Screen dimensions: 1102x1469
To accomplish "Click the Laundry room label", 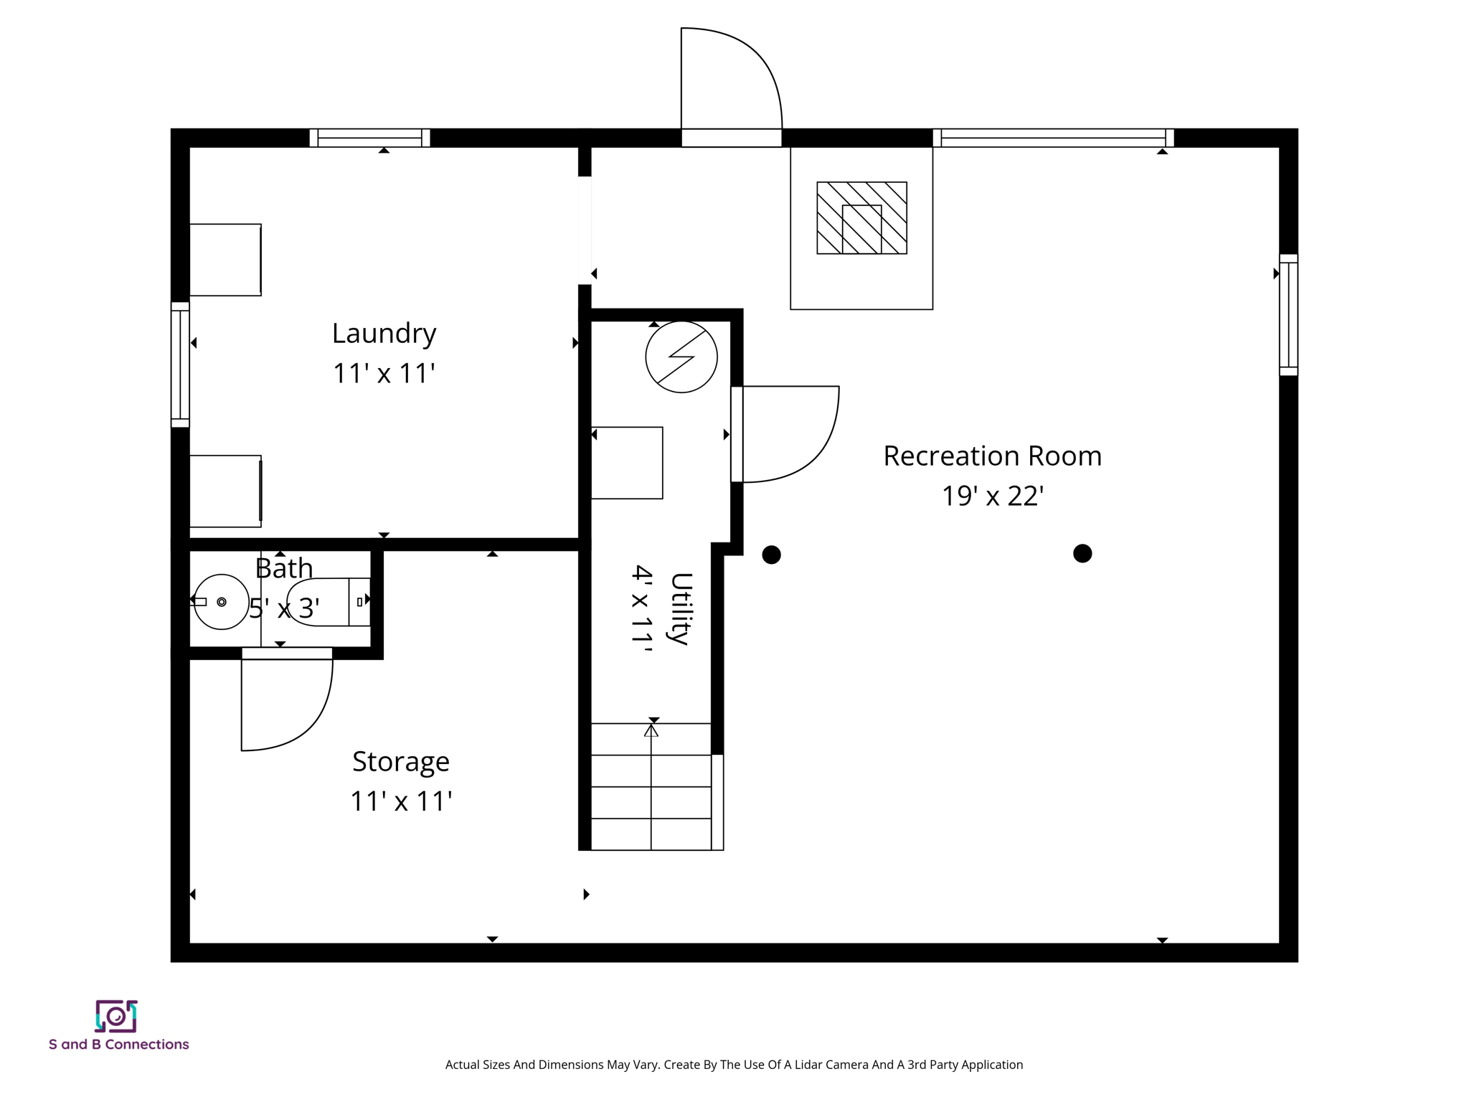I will coord(384,334).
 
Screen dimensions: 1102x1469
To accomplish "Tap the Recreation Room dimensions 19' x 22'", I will coord(992,496).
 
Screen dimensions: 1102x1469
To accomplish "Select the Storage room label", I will coord(400,761).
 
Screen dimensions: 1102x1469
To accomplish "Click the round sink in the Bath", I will coord(222,602).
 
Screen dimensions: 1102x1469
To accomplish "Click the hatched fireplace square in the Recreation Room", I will coord(861,218).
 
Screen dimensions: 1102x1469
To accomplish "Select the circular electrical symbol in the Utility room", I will coord(681,357).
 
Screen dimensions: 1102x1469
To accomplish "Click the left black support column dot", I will coord(771,555).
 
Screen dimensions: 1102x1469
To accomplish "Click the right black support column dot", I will coord(1082,553).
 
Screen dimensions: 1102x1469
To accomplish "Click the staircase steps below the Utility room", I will coord(651,786).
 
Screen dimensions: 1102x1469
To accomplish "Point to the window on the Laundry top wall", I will coord(369,138).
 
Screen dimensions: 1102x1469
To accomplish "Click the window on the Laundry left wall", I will coord(180,364).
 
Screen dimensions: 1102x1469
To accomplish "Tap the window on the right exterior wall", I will coord(1288,314).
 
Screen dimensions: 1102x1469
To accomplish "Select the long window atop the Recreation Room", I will coord(1053,138).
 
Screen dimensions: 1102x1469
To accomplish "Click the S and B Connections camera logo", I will coord(116,1016).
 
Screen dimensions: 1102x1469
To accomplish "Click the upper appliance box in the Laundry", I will coord(225,260).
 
